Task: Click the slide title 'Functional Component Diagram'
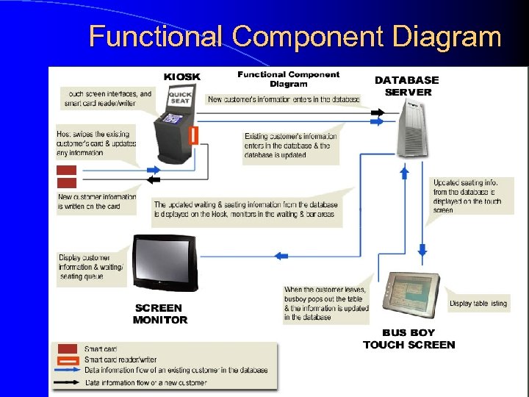pos(295,36)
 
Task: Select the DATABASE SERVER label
pos(407,86)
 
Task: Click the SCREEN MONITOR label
pos(160,314)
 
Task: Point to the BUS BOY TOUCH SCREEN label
pos(409,339)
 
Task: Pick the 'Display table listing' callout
pos(478,304)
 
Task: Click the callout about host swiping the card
pos(96,143)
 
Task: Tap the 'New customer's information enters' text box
pos(284,99)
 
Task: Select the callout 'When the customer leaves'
pos(325,303)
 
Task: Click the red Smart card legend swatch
pos(67,348)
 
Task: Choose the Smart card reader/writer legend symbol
pos(67,360)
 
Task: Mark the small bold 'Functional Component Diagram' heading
pos(288,79)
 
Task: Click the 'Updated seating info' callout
pos(467,196)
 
